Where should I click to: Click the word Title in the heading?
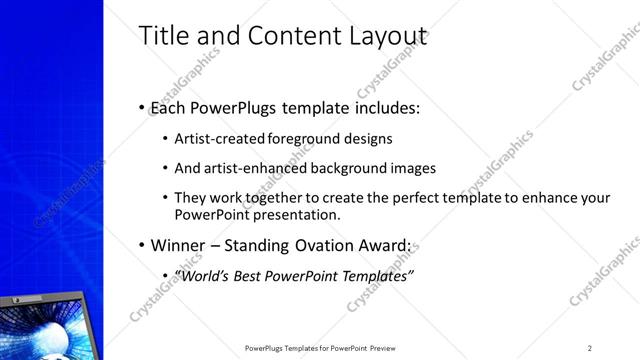tap(160, 37)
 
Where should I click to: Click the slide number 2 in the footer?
tap(589, 348)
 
